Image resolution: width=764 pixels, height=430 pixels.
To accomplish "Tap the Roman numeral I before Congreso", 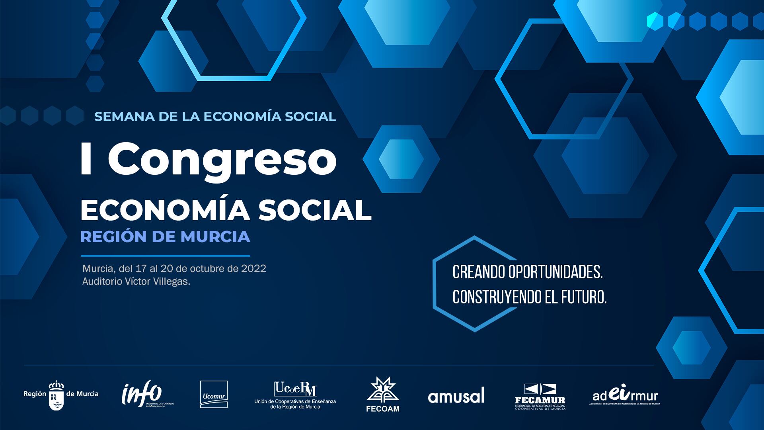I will [85, 159].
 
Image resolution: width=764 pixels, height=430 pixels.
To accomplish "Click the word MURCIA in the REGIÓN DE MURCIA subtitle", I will [215, 236].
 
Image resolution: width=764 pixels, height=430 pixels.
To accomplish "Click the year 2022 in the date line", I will [253, 268].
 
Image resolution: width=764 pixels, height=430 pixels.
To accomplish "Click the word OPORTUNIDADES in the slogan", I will [555, 272].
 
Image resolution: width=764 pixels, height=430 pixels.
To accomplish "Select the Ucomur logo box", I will [214, 395].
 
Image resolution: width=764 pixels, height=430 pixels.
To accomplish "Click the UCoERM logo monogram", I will [295, 389].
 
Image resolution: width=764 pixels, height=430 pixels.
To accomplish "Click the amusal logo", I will [456, 395].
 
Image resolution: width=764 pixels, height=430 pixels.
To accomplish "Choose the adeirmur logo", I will [624, 396].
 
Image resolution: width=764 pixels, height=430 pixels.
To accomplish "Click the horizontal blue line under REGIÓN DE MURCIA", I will [165, 256].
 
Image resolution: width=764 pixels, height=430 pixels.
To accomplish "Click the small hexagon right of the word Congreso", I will [401, 159].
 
